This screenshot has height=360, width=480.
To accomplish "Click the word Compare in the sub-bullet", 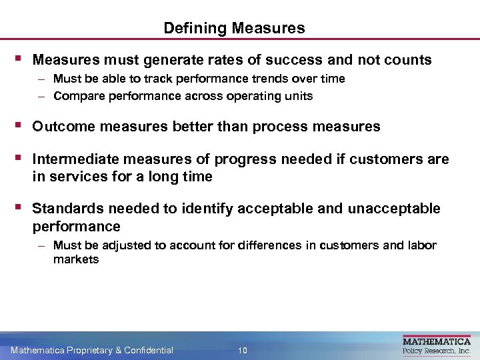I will [x=75, y=96].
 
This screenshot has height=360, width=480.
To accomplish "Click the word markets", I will [x=76, y=260].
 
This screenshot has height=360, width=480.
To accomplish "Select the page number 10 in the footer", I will [x=243, y=350].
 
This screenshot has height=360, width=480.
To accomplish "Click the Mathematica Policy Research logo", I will [x=437, y=345].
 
